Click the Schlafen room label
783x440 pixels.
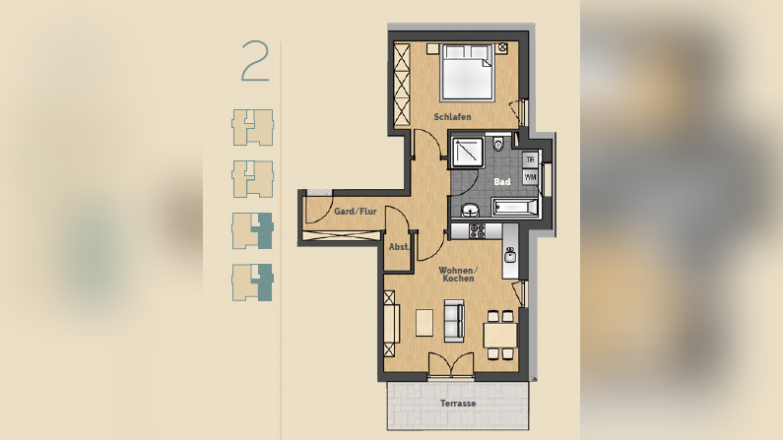click(452, 117)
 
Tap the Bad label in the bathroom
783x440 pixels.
click(502, 182)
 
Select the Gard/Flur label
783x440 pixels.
click(355, 212)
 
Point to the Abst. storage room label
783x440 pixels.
click(399, 247)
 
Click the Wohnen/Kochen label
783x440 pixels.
click(458, 275)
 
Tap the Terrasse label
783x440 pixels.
click(458, 403)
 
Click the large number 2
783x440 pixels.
click(255, 61)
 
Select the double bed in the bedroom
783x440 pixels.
click(468, 72)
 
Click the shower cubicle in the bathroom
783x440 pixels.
click(468, 152)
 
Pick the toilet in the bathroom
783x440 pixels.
click(497, 143)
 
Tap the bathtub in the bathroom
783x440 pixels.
click(515, 207)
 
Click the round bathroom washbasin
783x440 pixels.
click(470, 211)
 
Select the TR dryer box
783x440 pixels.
click(530, 160)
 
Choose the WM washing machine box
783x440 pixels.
click(530, 177)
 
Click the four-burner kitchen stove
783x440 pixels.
click(477, 231)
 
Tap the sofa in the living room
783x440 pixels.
click(454, 321)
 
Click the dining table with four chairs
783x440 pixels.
click(500, 336)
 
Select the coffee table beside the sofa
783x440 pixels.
click(424, 323)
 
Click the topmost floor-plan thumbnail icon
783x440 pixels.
click(253, 128)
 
